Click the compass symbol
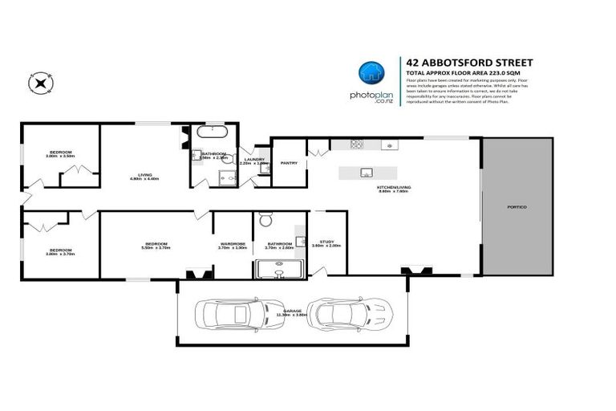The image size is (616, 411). (x=39, y=81)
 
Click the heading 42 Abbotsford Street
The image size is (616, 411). (x=470, y=62)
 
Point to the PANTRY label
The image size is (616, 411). (x=289, y=161)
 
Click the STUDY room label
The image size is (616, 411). (x=326, y=242)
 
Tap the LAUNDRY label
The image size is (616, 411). (x=255, y=159)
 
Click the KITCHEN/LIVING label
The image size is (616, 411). (x=394, y=187)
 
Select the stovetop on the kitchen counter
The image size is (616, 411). (x=356, y=145)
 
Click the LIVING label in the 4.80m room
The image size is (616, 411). (x=145, y=174)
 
